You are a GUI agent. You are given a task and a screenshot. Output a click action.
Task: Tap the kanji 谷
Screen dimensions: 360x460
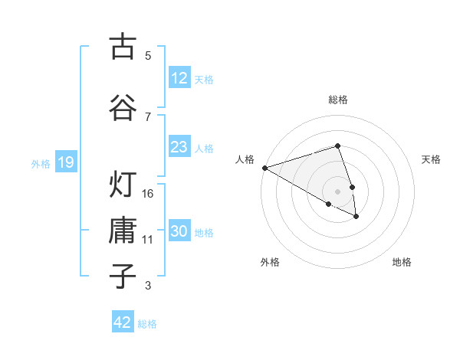click(x=122, y=106)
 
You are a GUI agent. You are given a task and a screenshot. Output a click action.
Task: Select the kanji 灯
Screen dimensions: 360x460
click(x=122, y=185)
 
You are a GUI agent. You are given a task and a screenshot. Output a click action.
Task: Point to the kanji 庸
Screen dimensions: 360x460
click(x=122, y=231)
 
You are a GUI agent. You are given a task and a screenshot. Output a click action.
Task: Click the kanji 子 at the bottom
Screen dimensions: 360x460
click(x=122, y=277)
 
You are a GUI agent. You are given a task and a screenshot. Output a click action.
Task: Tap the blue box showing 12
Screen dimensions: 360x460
click(x=179, y=77)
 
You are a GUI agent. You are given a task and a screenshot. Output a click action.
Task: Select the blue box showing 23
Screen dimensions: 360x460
click(x=179, y=147)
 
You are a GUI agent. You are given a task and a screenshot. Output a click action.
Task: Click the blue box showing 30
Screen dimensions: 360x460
click(x=179, y=231)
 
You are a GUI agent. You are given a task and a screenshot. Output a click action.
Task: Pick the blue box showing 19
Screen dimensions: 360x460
click(x=65, y=162)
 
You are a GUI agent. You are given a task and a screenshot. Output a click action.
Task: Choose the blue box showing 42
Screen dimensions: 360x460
click(x=123, y=322)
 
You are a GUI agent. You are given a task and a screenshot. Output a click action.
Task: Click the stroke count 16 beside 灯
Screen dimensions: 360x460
click(x=148, y=194)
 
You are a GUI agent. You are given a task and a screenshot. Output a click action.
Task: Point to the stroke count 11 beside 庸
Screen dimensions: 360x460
click(x=148, y=240)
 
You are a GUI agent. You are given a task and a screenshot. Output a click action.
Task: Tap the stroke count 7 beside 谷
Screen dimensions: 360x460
click(x=148, y=116)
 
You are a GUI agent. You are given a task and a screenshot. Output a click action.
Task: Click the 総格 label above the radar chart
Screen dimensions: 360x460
click(x=337, y=100)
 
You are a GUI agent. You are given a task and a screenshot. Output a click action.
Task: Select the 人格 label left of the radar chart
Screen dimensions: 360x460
click(x=245, y=159)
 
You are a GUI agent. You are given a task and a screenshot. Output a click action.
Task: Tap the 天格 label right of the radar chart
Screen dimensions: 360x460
click(x=432, y=159)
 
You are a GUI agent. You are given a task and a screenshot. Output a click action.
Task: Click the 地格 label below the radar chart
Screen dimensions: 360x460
click(x=402, y=262)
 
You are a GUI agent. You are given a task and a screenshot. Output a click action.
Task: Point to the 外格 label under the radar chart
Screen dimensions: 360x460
click(x=270, y=262)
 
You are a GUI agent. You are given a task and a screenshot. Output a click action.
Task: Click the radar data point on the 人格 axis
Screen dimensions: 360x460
click(x=264, y=168)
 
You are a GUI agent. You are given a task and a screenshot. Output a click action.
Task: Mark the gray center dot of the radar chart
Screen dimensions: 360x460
click(x=337, y=191)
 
